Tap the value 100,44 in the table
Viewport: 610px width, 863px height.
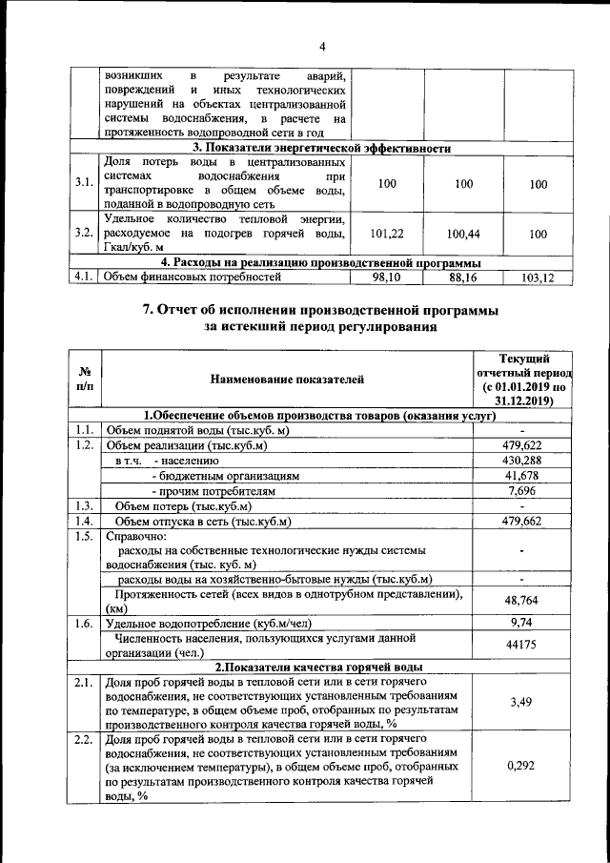click(462, 233)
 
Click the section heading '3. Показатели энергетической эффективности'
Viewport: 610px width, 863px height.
click(321, 148)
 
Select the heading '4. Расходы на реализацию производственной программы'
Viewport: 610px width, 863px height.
click(320, 262)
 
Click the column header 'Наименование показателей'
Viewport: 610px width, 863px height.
click(287, 380)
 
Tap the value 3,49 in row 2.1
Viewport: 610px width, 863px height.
click(521, 703)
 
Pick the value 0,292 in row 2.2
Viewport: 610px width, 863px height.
click(521, 766)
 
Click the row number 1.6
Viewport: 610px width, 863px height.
click(84, 623)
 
